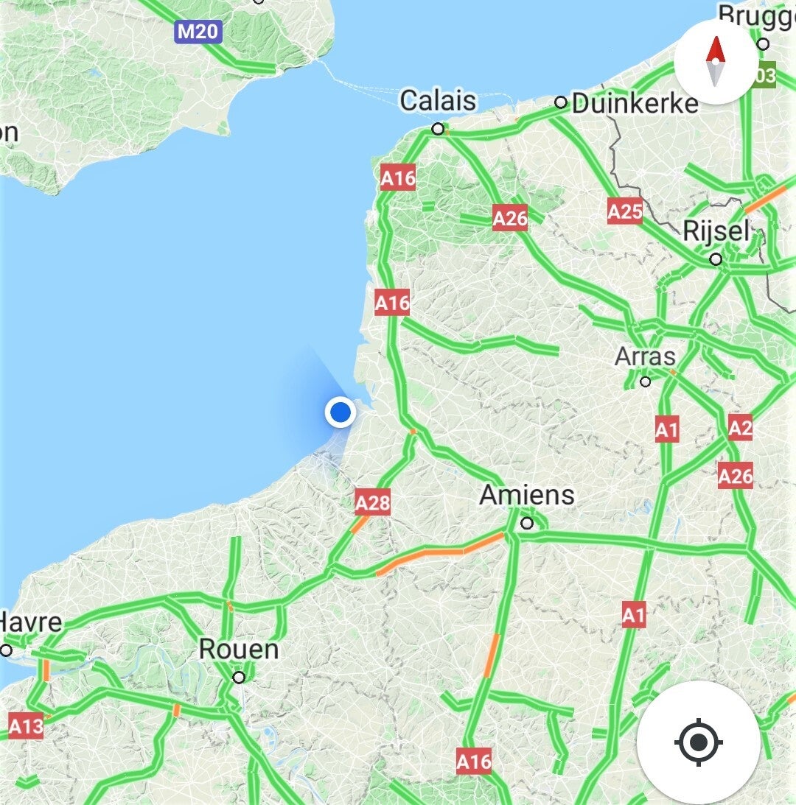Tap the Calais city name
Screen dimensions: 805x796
[x=438, y=101]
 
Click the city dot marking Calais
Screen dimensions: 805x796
[x=438, y=129]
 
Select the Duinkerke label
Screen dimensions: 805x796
[x=635, y=104]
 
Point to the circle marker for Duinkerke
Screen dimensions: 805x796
[x=561, y=102]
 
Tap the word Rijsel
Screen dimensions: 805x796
[x=716, y=231]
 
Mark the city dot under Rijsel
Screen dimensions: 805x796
[x=716, y=259]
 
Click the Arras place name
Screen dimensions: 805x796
[x=645, y=357]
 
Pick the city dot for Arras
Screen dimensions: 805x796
[x=646, y=382]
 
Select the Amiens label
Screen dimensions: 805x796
[x=527, y=494]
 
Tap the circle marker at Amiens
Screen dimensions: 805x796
[x=527, y=524]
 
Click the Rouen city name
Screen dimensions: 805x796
[x=239, y=650]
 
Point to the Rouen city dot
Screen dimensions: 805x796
[x=239, y=677]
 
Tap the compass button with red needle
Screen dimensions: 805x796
[x=715, y=62]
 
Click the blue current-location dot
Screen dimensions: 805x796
[x=341, y=412]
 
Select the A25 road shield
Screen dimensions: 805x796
[x=624, y=212]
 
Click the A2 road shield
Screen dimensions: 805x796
[x=740, y=427]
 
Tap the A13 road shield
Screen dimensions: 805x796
[x=26, y=727]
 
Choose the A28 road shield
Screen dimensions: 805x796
[x=372, y=503]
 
